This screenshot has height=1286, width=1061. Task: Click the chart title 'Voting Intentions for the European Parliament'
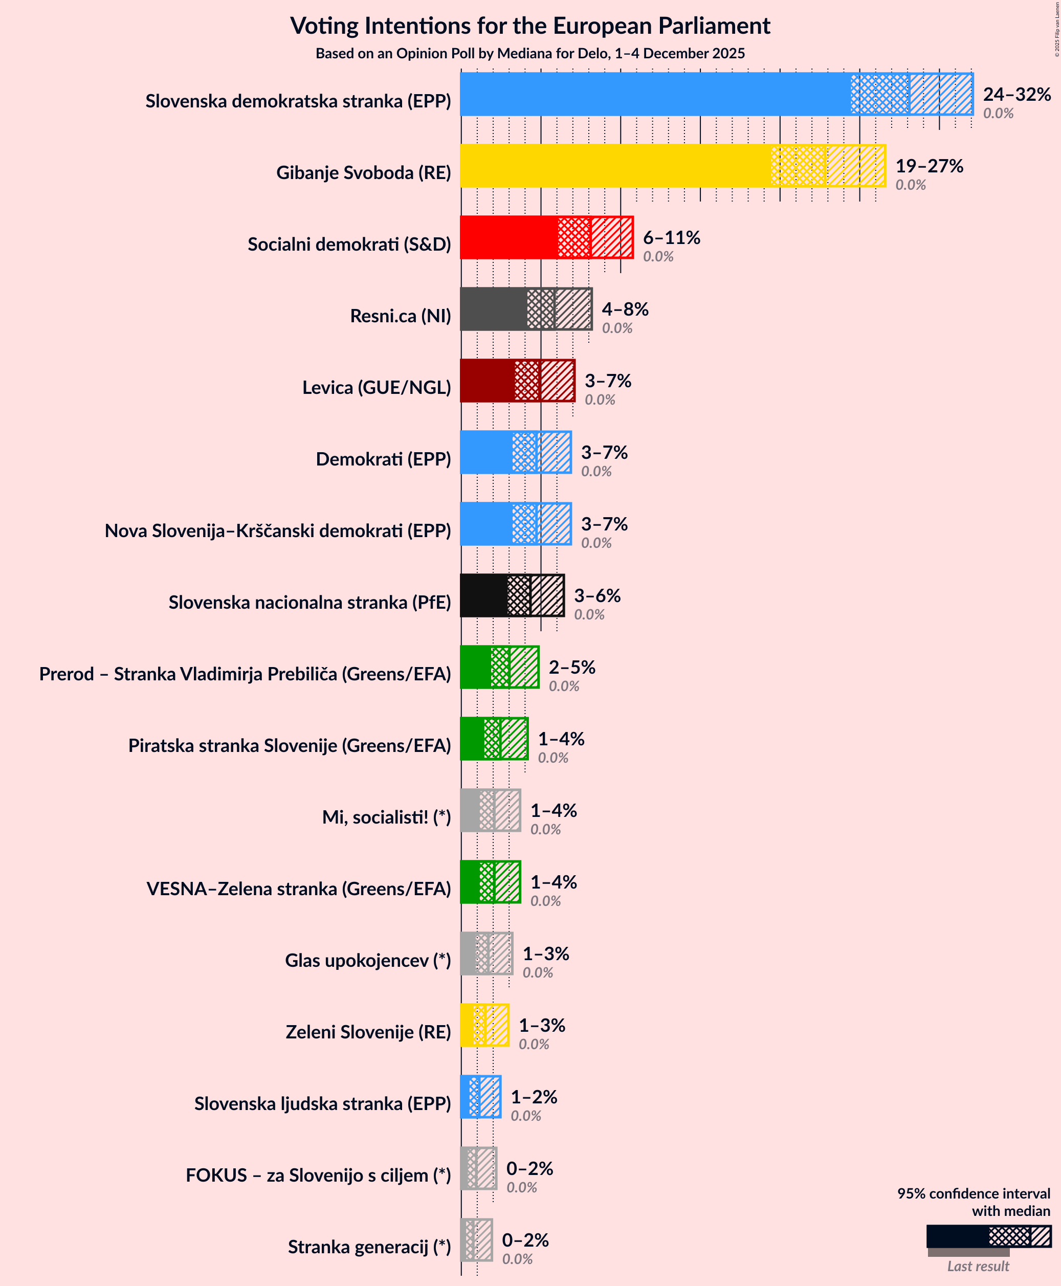530,26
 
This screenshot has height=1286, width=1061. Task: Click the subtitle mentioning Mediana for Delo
530,54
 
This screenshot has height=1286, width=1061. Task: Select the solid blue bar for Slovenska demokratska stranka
654,94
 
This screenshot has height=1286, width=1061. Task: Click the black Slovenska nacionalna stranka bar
483,595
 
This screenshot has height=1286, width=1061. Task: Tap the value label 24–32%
1016,94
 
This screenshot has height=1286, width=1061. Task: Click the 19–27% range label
929,166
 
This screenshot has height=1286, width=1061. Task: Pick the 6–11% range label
671,237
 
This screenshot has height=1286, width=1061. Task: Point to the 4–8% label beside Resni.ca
625,308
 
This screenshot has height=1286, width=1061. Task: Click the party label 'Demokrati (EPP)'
383,459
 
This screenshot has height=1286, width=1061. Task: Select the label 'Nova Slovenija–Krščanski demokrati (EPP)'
277,530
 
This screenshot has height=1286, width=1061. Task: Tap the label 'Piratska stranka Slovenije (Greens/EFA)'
289,746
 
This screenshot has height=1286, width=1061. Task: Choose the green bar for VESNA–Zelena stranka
470,882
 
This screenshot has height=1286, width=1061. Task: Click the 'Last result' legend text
978,1267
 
